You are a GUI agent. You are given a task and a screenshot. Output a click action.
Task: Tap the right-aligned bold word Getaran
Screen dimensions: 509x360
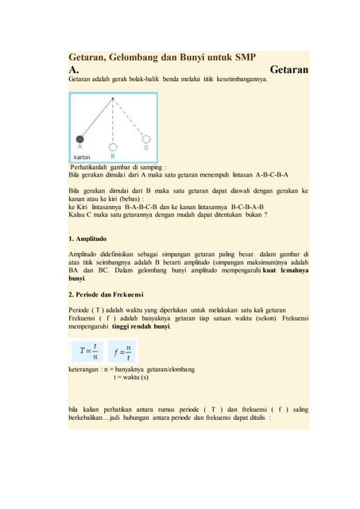click(288, 70)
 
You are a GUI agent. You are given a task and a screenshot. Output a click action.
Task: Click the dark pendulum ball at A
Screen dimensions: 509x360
click(79, 139)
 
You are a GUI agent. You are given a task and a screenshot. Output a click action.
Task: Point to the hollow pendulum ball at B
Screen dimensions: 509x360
click(113, 146)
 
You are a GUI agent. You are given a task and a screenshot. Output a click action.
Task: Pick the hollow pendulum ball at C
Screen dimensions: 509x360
click(145, 140)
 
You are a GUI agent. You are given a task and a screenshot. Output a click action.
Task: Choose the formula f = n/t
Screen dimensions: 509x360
click(123, 350)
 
